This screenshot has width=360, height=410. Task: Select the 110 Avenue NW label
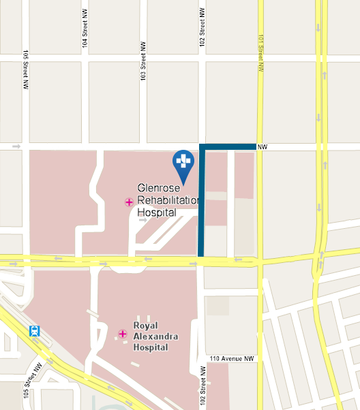tap(231, 358)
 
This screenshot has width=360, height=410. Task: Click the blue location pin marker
tap(183, 163)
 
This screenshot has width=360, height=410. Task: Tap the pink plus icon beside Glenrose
tap(129, 202)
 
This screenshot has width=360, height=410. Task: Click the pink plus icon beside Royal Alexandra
tap(123, 334)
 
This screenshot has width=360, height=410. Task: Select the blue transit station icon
tap(34, 331)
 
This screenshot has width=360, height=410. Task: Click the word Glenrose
tap(160, 188)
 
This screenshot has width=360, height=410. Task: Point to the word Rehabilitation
tap(167, 200)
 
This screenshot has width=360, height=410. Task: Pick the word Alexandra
tap(151, 336)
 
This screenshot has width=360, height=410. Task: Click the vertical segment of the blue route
tap(201, 204)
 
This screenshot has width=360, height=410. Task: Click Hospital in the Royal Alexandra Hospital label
tap(151, 347)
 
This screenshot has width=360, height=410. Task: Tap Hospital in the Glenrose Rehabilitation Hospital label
tap(157, 212)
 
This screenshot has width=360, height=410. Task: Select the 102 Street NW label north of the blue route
tap(202, 25)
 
